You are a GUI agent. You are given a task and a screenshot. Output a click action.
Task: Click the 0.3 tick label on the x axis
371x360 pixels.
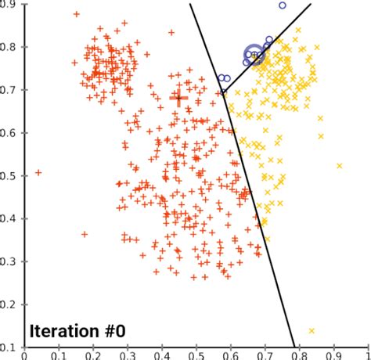pos(128,355)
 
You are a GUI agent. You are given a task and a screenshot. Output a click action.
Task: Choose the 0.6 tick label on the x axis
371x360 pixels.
pos(230,355)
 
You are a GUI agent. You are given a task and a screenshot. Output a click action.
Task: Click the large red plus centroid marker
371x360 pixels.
pos(178,99)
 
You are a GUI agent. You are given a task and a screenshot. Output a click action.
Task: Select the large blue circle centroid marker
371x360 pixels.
pos(254,54)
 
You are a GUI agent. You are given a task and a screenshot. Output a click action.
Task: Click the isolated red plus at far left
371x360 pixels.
pos(38,172)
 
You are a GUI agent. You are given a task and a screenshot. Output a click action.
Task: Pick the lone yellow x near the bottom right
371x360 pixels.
pos(312,331)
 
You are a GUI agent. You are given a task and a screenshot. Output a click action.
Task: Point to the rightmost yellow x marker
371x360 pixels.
pos(339,166)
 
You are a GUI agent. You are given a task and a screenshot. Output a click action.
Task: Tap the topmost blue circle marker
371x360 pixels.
pos(283,5)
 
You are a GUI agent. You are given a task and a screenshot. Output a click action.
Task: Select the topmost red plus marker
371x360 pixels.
pos(76,14)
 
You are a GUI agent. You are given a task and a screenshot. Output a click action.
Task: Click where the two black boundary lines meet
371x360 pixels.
pos(225,93)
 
